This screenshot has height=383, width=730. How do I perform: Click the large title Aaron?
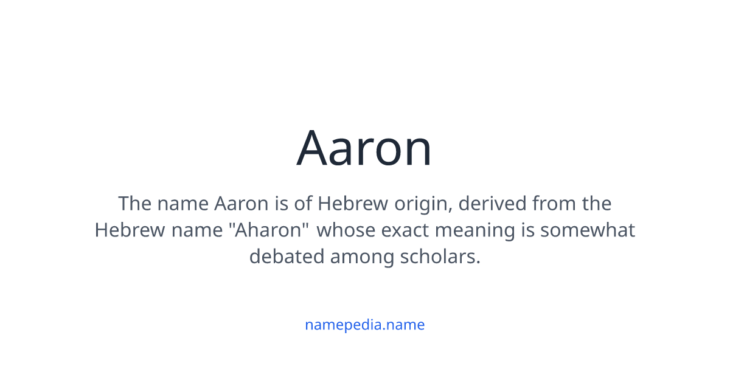364,148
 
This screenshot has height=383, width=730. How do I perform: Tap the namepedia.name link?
364,325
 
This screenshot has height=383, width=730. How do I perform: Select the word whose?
344,230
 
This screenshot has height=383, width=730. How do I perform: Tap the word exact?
401,230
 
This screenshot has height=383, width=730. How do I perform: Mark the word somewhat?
588,230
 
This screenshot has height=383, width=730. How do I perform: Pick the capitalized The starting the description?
134,203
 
